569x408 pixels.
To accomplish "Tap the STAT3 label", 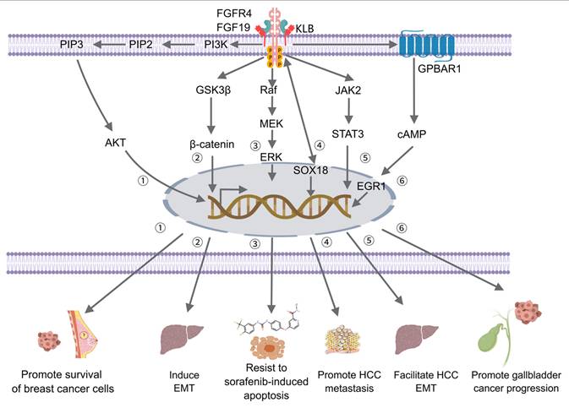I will click(x=342, y=132).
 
